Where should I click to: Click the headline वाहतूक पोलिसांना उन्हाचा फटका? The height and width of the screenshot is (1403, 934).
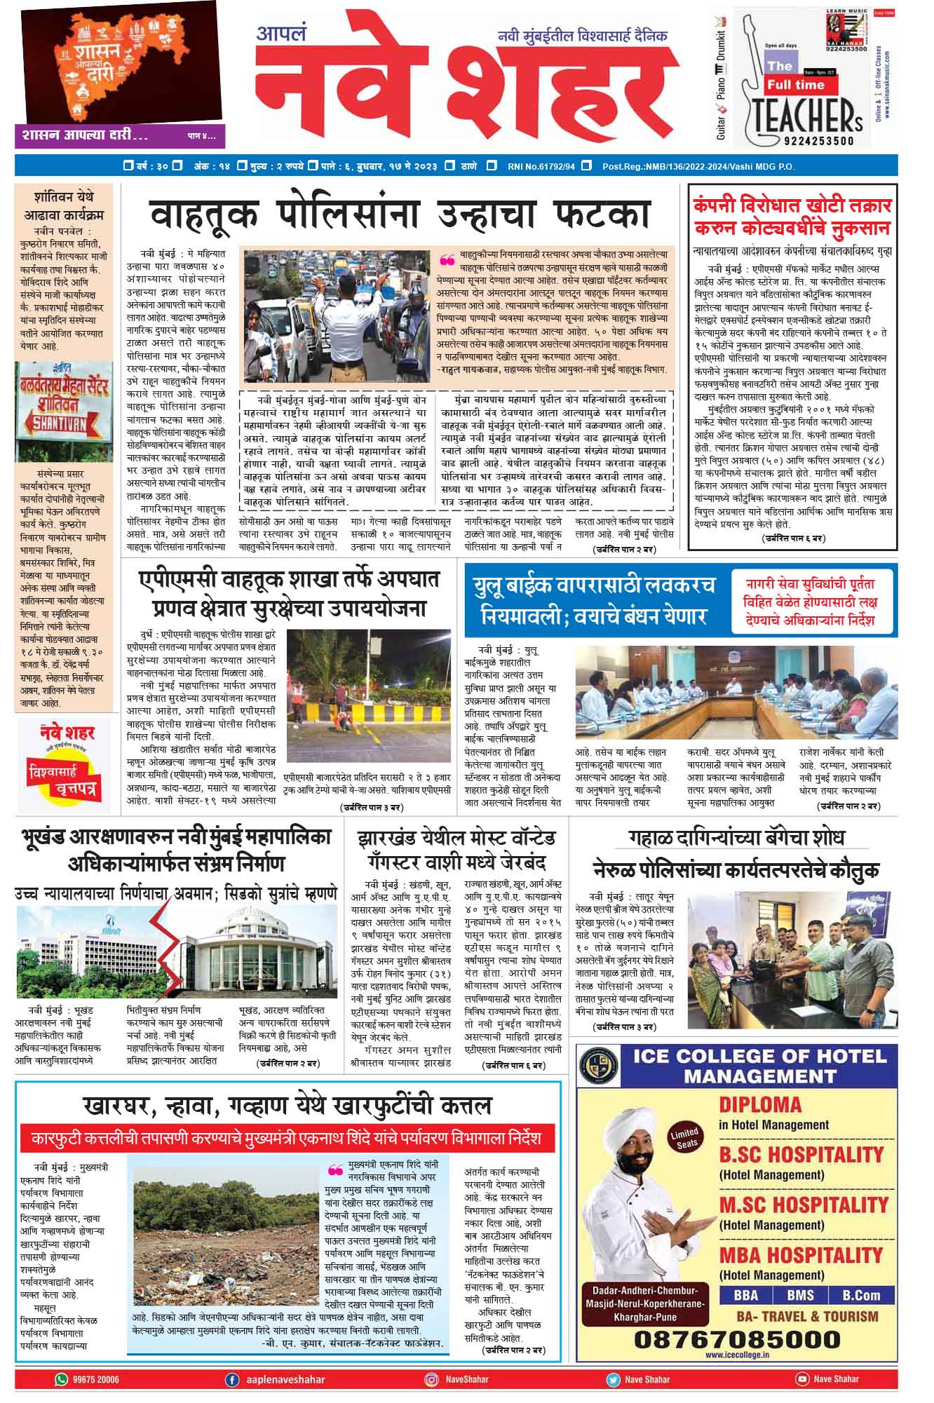coord(400,214)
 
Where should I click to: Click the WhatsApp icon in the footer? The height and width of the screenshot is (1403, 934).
coord(61,1379)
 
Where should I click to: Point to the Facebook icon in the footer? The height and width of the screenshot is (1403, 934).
coord(231,1379)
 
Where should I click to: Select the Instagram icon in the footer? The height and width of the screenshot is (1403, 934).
coord(432,1379)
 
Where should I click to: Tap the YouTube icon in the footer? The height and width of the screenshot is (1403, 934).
coord(802,1379)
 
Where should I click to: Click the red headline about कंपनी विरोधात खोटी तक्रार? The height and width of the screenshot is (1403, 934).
coord(792,217)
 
